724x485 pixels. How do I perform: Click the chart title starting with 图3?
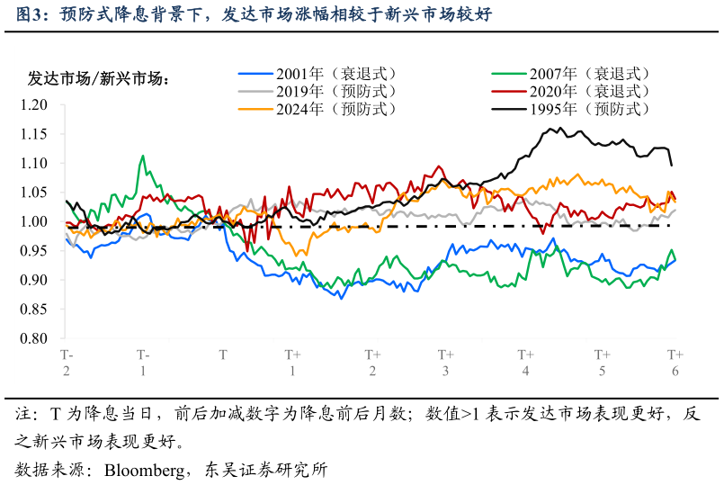[x=253, y=15]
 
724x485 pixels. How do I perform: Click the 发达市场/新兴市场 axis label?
[x=100, y=78]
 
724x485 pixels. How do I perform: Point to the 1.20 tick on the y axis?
[x=33, y=104]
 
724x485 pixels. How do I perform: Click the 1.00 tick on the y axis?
[x=33, y=221]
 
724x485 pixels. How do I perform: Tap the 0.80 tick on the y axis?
[x=33, y=339]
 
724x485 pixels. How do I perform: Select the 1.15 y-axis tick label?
[x=33, y=134]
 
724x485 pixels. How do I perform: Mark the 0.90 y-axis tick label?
[x=33, y=281]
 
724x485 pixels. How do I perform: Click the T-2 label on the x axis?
[x=67, y=363]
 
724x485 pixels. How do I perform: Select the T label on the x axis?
[x=223, y=355]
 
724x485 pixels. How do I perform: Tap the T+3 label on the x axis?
[x=445, y=363]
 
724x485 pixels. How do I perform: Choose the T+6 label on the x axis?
[x=675, y=363]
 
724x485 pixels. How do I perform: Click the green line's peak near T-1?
[x=142, y=156]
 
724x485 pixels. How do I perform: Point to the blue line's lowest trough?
[x=341, y=298]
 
